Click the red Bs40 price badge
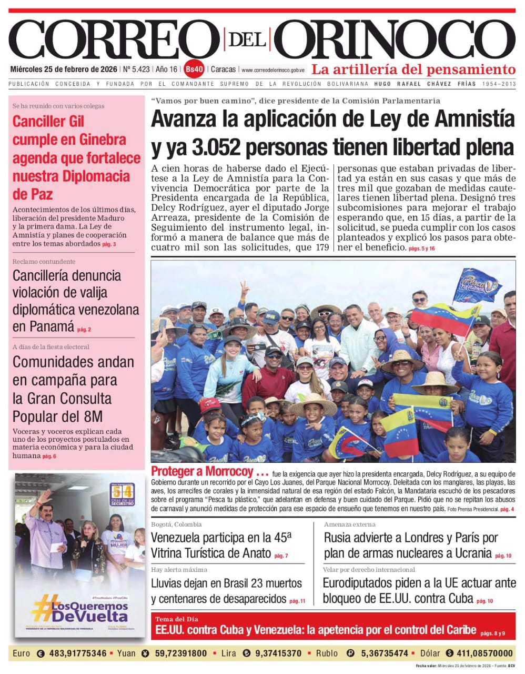tap(194, 70)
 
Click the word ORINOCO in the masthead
tap(395, 41)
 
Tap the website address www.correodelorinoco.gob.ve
tap(273, 70)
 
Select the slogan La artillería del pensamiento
tap(413, 69)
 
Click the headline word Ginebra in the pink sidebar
tap(103, 140)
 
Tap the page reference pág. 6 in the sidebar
tap(49, 456)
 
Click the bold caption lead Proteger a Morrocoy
tap(202, 471)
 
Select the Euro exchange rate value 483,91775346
tap(77, 653)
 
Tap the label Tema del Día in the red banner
tap(177, 619)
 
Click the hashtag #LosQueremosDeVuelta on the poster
tap(79, 612)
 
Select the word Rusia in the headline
tap(340, 538)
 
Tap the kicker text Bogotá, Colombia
tap(176, 524)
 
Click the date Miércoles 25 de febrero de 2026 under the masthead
tap(64, 70)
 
